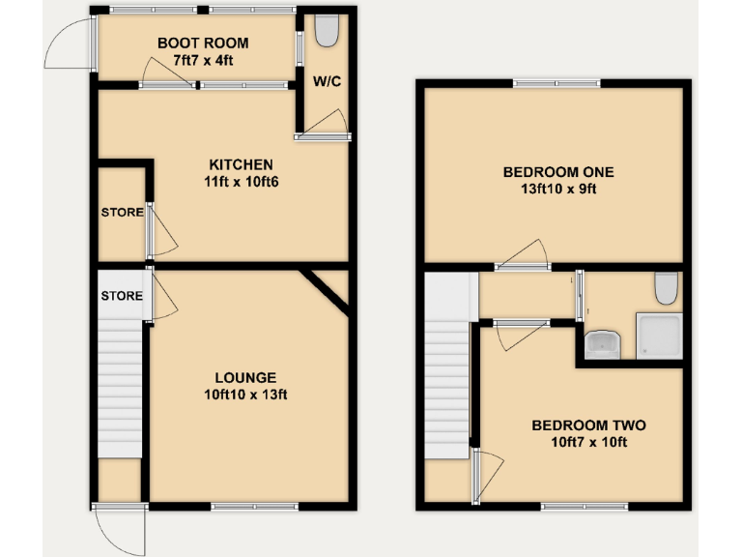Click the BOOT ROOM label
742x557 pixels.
tap(203, 43)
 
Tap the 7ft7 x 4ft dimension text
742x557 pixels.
tap(203, 60)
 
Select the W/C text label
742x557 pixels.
tap(326, 80)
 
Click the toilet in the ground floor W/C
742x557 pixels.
tap(327, 33)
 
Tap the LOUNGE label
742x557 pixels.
tap(245, 377)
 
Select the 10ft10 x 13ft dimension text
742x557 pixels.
tap(245, 394)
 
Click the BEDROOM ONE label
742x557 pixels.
tap(558, 172)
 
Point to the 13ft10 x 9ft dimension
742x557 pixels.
tap(558, 189)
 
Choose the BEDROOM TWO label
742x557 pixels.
tap(588, 425)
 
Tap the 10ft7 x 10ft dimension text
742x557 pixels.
tap(588, 442)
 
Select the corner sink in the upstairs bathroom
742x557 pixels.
tap(601, 344)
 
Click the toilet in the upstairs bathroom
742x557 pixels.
tap(666, 288)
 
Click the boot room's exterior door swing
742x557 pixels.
tap(70, 44)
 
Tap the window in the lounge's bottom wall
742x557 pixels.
tap(255, 506)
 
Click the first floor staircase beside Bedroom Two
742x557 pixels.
tap(447, 387)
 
